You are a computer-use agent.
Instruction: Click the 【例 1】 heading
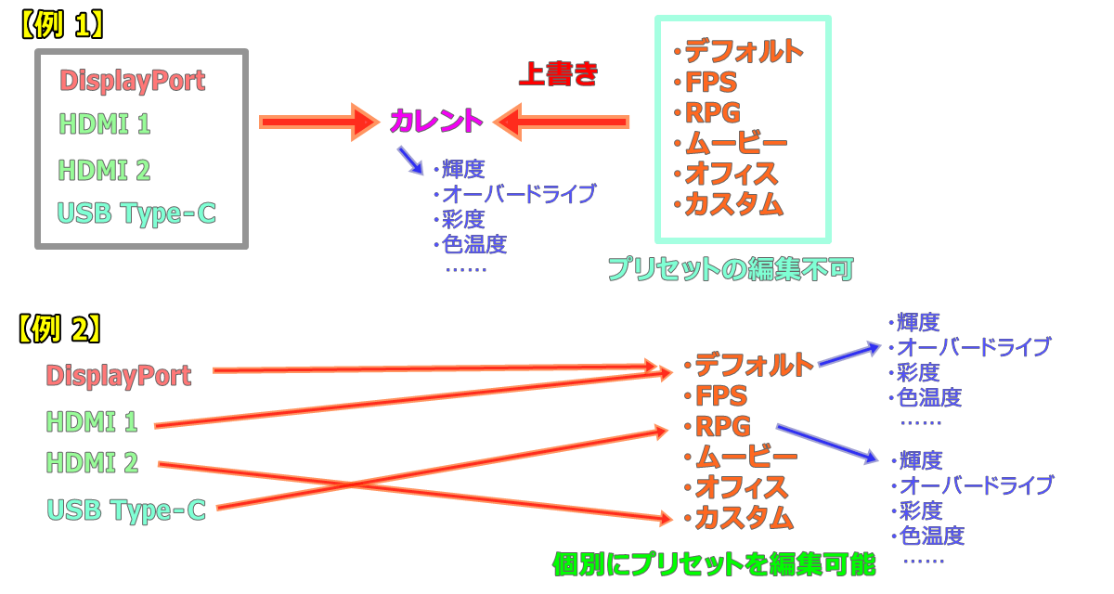pyautogui.click(x=62, y=25)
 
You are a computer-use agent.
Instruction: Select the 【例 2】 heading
pyautogui.click(x=59, y=329)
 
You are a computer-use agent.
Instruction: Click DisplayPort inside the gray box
pyautogui.click(x=132, y=81)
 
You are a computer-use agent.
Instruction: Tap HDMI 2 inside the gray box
pyautogui.click(x=104, y=171)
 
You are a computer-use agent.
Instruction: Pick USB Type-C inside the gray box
pyautogui.click(x=136, y=213)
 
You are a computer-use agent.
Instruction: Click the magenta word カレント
pyautogui.click(x=436, y=121)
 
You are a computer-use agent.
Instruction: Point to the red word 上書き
pyautogui.click(x=558, y=74)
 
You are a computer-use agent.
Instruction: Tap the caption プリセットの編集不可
pyautogui.click(x=732, y=269)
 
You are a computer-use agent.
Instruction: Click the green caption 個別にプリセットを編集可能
pyautogui.click(x=714, y=564)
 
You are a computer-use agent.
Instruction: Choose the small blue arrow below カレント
pyautogui.click(x=410, y=161)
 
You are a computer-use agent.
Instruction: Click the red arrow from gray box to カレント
pyautogui.click(x=319, y=123)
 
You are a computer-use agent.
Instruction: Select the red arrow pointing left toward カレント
pyautogui.click(x=561, y=123)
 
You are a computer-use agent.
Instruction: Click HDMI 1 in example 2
pyautogui.click(x=92, y=422)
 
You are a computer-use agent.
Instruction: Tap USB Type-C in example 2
pyautogui.click(x=126, y=510)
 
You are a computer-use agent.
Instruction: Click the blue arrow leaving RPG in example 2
pyautogui.click(x=827, y=443)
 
